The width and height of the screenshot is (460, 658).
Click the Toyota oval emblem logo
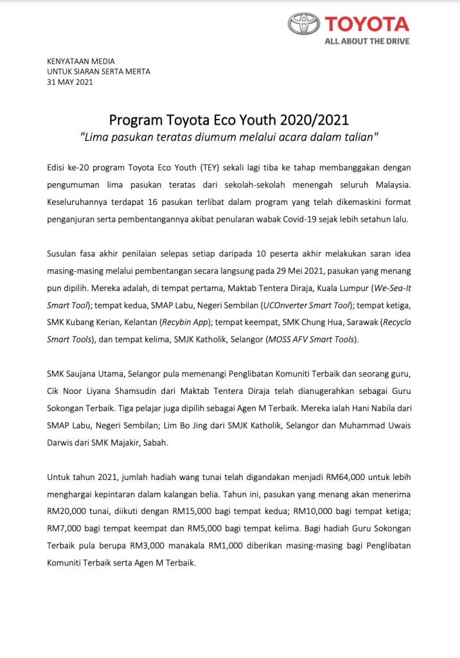pyautogui.click(x=304, y=25)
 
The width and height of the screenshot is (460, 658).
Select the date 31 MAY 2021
pyautogui.click(x=70, y=82)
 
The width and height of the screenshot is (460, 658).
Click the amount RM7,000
pyautogui.click(x=67, y=528)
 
